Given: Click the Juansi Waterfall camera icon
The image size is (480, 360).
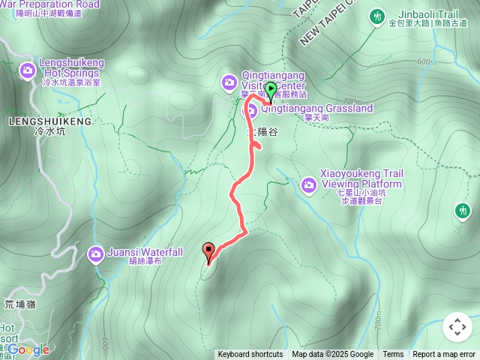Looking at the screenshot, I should pyautogui.click(x=95, y=253).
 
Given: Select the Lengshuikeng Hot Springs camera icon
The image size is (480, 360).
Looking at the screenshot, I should pyautogui.click(x=27, y=70).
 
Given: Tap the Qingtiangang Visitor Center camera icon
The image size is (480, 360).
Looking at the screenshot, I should pyautogui.click(x=229, y=81).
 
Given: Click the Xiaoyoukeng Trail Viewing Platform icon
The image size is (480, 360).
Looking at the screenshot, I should pyautogui.click(x=308, y=184).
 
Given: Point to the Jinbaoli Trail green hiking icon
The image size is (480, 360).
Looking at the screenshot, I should pyautogui.click(x=376, y=15).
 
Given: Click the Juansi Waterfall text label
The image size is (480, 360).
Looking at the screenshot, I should pyautogui.click(x=145, y=253).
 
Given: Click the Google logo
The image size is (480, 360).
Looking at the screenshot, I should pyautogui.click(x=28, y=349).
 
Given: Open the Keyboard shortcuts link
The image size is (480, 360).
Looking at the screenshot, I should pyautogui.click(x=250, y=355).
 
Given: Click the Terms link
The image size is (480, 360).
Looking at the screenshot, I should pyautogui.click(x=393, y=355).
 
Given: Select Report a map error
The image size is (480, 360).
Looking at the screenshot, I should pyautogui.click(x=444, y=355).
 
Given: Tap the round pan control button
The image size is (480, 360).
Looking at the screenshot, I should pyautogui.click(x=457, y=327).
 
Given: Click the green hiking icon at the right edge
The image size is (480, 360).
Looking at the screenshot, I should pyautogui.click(x=463, y=211).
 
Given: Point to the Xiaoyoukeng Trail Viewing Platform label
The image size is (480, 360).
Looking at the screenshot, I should pyautogui.click(x=362, y=178).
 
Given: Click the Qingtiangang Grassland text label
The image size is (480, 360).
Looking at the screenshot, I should pyautogui.click(x=316, y=109).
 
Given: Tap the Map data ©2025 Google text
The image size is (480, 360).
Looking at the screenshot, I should pyautogui.click(x=333, y=355).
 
